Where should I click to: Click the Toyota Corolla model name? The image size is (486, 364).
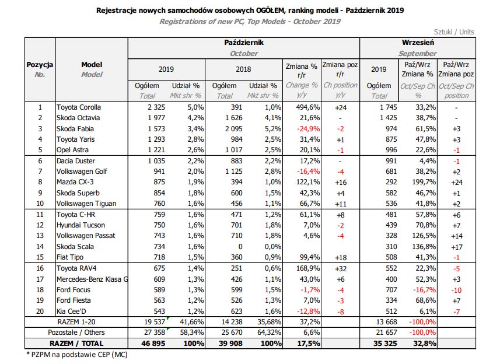coord(78,107)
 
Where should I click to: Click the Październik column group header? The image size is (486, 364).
coord(244,43)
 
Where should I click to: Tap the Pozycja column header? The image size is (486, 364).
coord(40,64)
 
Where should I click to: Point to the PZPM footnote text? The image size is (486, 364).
coord(76,354)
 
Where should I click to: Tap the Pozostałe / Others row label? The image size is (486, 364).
coord(76,331)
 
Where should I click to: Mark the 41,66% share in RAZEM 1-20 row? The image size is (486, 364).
coord(189,321)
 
